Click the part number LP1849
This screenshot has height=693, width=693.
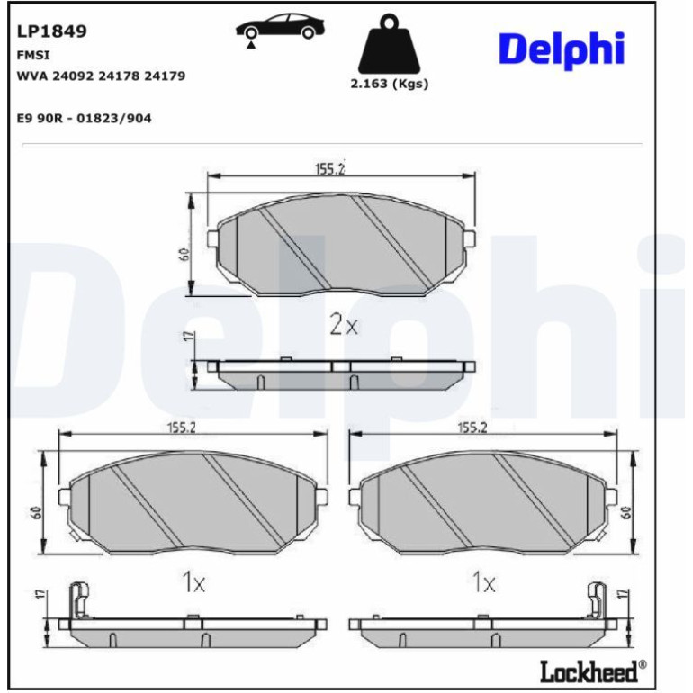pos(51,31)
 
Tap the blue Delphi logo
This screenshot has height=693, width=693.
pos(562,49)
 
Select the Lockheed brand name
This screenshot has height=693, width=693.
pos(589,671)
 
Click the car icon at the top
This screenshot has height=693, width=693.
pos(280,27)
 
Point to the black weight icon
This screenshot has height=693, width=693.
pos(389,44)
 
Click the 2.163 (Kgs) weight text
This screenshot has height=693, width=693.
pos(390,84)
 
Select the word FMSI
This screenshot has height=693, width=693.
pos(33,55)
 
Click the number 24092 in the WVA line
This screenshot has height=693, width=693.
pos(74,76)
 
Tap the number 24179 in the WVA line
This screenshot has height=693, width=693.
pos(165,76)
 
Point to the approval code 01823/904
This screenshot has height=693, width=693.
pos(114,119)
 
